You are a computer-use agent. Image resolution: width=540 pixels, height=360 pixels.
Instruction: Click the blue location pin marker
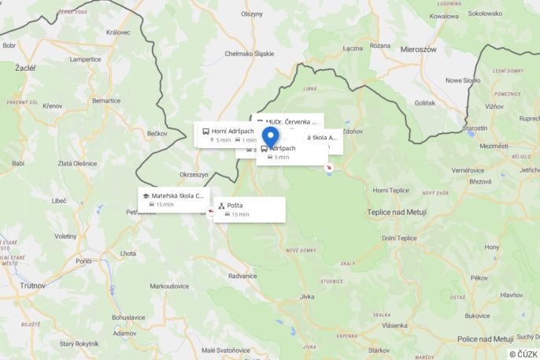point(270,137)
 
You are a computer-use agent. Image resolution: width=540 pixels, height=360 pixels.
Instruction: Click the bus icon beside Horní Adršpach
point(205,131)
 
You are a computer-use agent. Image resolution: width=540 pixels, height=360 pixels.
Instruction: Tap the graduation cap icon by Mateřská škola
point(146,195)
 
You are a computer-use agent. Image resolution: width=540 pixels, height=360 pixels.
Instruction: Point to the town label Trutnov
point(32,285)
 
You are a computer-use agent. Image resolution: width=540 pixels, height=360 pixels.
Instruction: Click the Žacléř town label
point(26,68)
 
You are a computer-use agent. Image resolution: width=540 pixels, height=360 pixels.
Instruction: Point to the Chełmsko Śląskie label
point(250,54)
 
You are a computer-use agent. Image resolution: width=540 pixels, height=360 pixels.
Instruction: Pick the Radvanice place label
point(242,276)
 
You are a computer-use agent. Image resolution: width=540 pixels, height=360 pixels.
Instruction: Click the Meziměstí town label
point(494,146)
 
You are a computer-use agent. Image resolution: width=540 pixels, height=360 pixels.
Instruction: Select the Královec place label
point(117,32)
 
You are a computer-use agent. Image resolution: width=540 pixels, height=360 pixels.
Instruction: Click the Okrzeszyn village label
point(194,174)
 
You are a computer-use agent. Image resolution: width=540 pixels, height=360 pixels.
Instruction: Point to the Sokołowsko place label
point(485,13)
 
